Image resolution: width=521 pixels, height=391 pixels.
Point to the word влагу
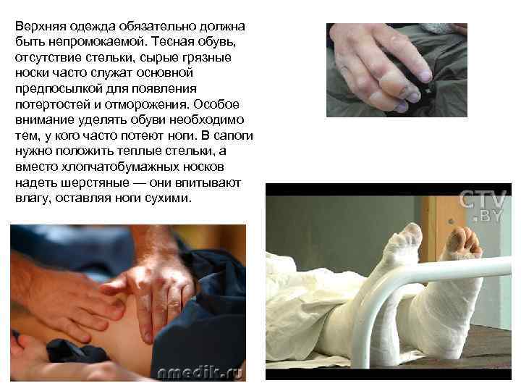tap(32, 198)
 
